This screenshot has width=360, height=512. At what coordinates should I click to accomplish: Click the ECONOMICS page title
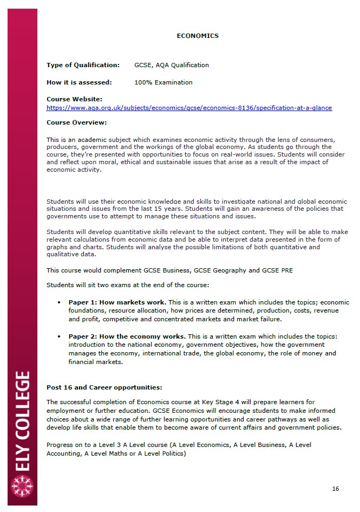tap(198, 36)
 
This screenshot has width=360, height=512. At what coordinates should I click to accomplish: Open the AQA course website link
tap(189, 108)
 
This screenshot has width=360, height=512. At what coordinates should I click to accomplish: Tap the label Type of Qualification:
tap(83, 65)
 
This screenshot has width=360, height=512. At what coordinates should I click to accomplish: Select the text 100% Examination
tap(163, 82)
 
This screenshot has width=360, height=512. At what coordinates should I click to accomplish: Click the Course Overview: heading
tap(76, 122)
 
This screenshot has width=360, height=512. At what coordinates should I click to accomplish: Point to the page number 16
tap(336, 489)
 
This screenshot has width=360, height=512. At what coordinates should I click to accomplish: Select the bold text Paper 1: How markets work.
tap(117, 302)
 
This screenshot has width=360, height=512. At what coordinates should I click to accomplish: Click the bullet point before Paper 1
tap(58, 302)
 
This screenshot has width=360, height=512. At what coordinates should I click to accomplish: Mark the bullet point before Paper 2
tap(58, 336)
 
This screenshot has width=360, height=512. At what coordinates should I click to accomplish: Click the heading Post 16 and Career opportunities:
tap(104, 387)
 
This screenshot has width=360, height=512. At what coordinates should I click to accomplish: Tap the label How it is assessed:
tap(79, 82)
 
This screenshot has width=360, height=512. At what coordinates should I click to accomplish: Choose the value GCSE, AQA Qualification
tap(171, 65)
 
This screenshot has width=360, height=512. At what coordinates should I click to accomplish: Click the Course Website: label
tap(74, 99)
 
